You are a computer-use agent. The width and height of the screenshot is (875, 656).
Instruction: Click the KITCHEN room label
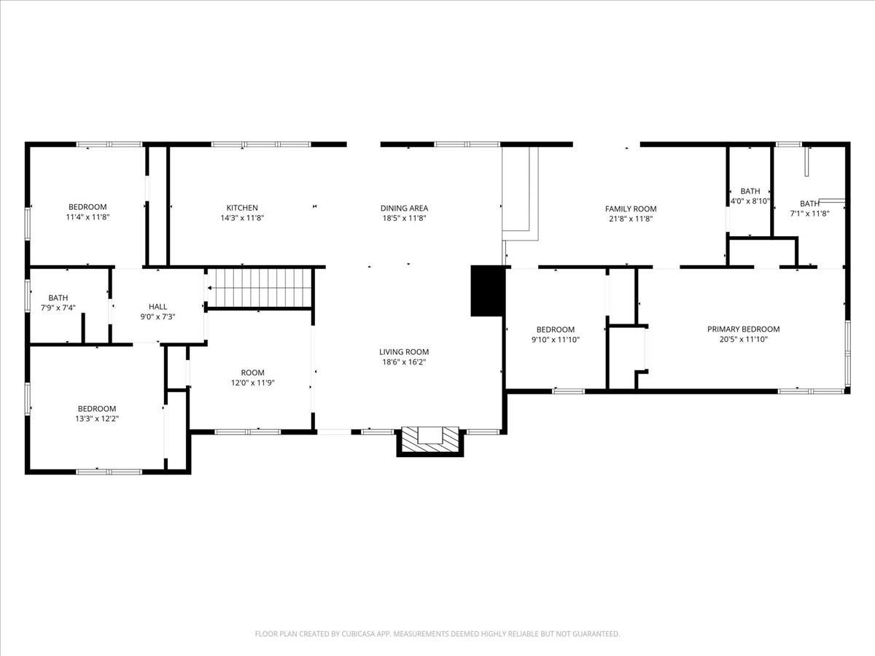pyautogui.click(x=241, y=208)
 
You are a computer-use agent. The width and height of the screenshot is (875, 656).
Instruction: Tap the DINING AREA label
pyautogui.click(x=404, y=208)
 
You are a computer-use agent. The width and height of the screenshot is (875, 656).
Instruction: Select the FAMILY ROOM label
pyautogui.click(x=631, y=208)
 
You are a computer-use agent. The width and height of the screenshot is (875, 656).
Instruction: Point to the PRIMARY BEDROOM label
pyautogui.click(x=743, y=329)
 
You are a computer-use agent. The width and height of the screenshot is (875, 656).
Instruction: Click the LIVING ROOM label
pyautogui.click(x=404, y=352)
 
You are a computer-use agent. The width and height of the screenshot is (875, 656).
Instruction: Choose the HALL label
pyautogui.click(x=157, y=307)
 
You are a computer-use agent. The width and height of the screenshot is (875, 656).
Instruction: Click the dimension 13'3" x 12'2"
pyautogui.click(x=97, y=418)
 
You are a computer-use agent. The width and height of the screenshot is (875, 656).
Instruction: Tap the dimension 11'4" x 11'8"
pyautogui.click(x=87, y=217)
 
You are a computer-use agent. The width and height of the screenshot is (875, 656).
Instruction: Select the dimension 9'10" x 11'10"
pyautogui.click(x=556, y=339)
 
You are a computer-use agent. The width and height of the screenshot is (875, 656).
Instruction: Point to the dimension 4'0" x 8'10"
pyautogui.click(x=750, y=201)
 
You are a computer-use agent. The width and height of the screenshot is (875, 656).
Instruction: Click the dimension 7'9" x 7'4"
pyautogui.click(x=58, y=308)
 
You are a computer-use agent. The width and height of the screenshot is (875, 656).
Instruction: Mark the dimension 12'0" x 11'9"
pyautogui.click(x=252, y=383)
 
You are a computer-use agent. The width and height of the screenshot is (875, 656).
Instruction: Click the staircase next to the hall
pyautogui.click(x=260, y=287)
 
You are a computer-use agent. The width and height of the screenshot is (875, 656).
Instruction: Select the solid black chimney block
pyautogui.click(x=488, y=290)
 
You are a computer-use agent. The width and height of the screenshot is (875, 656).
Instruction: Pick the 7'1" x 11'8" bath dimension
pyautogui.click(x=809, y=214)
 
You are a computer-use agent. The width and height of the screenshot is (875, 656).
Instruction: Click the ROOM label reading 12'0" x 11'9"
pyautogui.click(x=252, y=372)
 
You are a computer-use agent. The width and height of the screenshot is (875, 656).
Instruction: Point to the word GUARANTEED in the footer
pyautogui.click(x=590, y=634)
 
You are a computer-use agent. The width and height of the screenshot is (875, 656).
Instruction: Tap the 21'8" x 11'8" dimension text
pyautogui.click(x=631, y=218)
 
